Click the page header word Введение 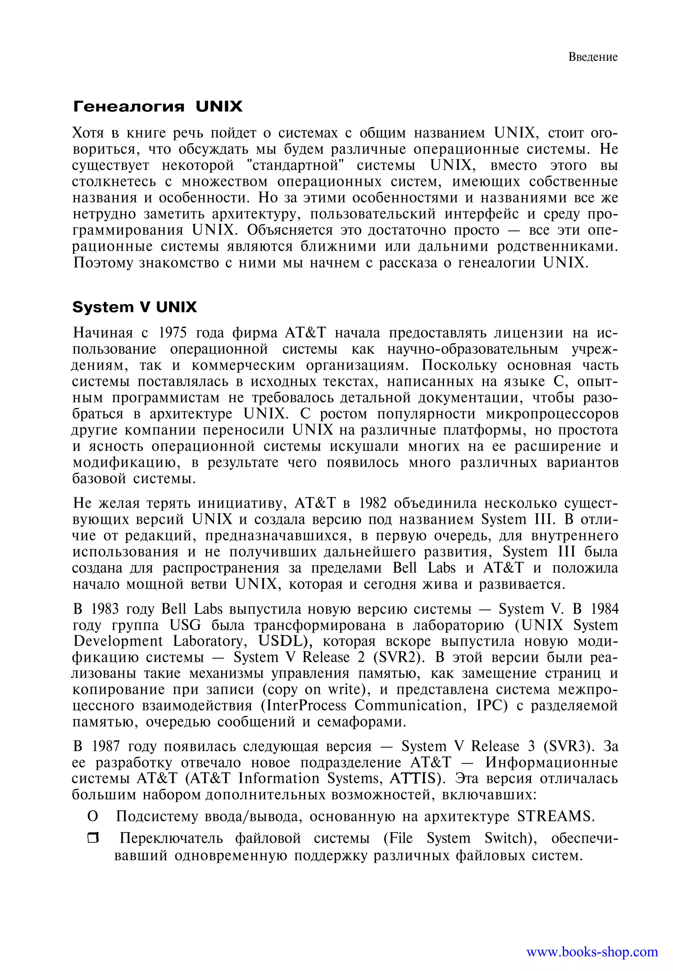click(x=592, y=57)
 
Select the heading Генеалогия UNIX click(x=158, y=106)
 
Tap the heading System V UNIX click(x=134, y=307)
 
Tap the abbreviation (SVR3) click(x=569, y=746)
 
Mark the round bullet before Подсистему click(x=92, y=817)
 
